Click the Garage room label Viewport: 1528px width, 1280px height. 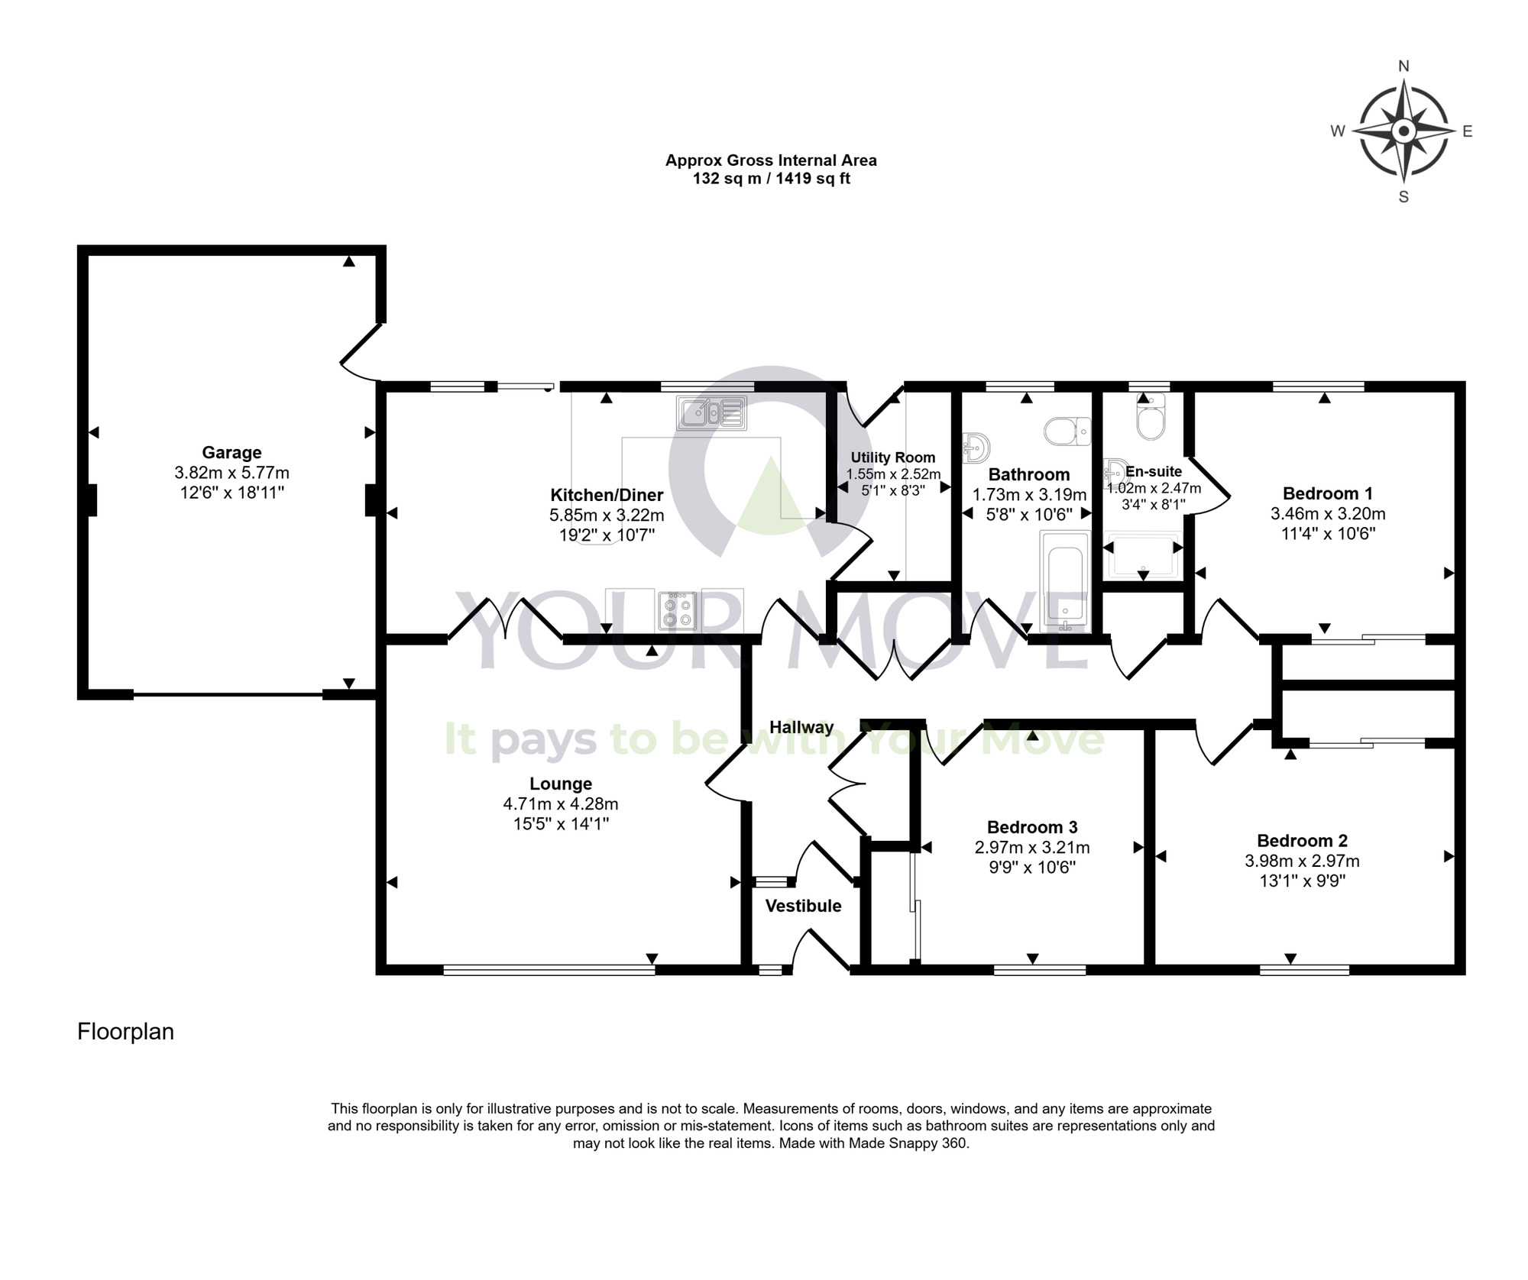(x=231, y=452)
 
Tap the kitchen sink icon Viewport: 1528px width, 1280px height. (x=711, y=412)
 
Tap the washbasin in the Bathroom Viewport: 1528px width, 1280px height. (x=976, y=446)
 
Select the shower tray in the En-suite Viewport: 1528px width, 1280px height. (x=1143, y=555)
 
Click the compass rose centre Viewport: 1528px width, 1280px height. (x=1403, y=131)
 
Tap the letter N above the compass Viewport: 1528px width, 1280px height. (x=1403, y=66)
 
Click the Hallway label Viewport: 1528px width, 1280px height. (x=801, y=727)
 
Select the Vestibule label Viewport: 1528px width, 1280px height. (x=803, y=906)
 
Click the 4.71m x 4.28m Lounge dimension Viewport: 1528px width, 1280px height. (x=560, y=803)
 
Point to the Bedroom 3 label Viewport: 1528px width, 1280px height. (x=1031, y=827)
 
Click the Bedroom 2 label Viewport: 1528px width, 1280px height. (x=1302, y=841)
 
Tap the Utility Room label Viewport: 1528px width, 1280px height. (x=892, y=457)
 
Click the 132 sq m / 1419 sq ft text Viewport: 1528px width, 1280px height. (x=771, y=179)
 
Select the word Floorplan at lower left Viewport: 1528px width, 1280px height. (x=125, y=1032)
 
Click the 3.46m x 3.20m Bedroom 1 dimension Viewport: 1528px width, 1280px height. (x=1327, y=513)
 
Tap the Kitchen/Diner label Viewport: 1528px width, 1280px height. (x=607, y=495)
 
